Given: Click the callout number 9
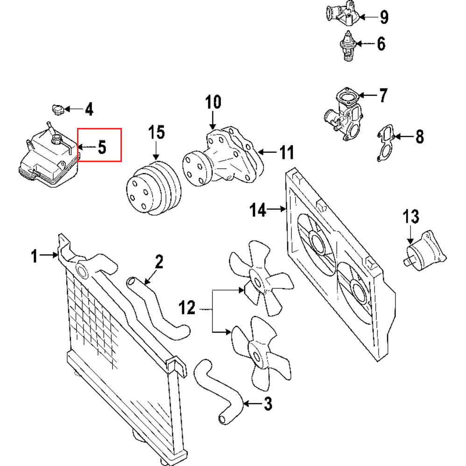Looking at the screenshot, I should click(x=383, y=18).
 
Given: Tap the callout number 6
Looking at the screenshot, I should click(x=381, y=44).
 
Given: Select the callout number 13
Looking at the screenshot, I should click(x=411, y=217).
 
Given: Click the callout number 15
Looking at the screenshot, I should click(x=156, y=133).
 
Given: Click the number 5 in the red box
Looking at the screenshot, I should click(x=102, y=148).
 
